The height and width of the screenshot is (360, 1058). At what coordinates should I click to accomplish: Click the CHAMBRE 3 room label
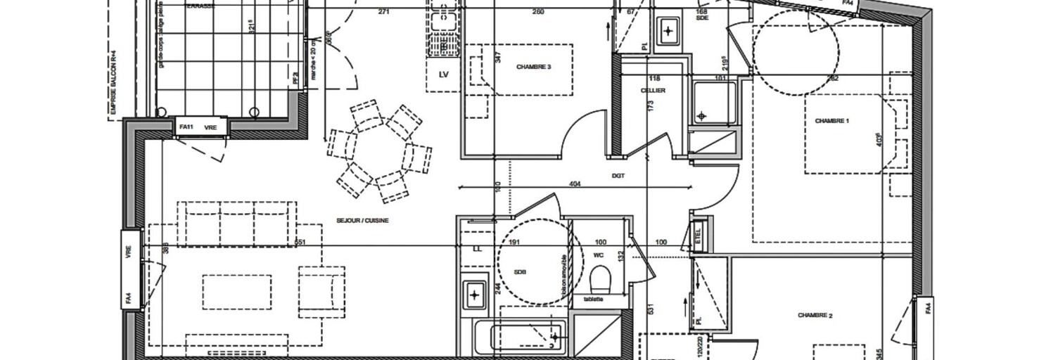point(533,67)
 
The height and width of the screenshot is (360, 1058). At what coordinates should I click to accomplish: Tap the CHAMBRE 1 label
point(832,121)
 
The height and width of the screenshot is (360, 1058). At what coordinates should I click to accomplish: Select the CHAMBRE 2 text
point(815,316)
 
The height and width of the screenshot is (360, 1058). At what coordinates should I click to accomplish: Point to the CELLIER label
point(653,91)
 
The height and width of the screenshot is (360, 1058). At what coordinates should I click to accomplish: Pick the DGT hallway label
point(619,176)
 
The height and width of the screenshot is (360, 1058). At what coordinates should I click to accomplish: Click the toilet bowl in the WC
point(599,281)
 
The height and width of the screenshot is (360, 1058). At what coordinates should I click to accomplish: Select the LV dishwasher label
point(444,74)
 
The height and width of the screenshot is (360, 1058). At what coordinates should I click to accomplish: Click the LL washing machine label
point(477,248)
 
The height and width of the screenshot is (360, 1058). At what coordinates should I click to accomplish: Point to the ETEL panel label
point(698,236)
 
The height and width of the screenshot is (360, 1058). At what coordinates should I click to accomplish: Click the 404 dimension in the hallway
point(574,184)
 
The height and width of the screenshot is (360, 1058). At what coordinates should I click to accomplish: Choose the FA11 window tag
point(186,127)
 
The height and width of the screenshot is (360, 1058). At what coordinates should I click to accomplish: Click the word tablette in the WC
point(594,299)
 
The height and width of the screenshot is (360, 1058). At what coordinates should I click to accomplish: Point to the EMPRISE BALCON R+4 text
point(113,81)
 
